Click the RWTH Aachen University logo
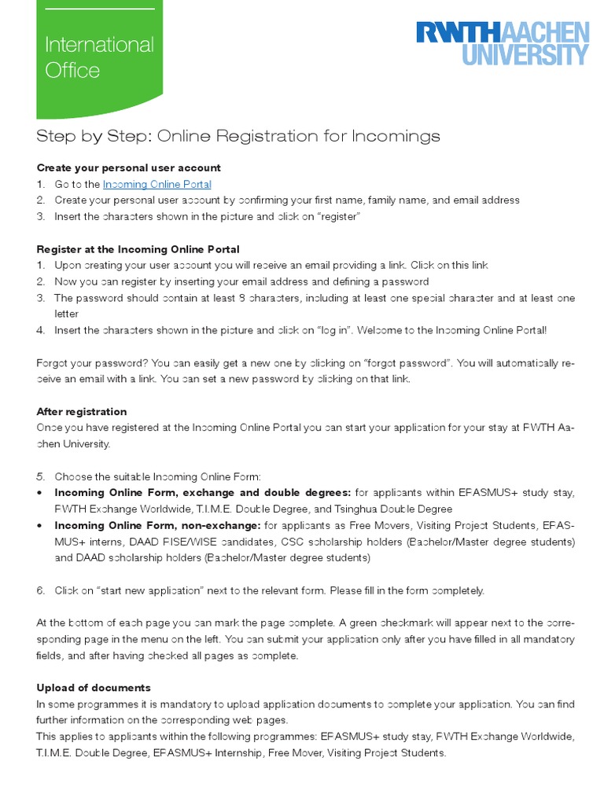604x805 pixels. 502,43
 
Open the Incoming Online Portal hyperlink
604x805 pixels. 157,185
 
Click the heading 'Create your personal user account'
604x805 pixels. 129,168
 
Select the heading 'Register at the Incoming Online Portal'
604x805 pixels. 138,249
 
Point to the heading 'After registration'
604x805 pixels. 82,412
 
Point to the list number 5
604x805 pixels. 40,476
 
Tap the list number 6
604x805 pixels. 40,590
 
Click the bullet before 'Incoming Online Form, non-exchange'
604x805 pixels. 40,525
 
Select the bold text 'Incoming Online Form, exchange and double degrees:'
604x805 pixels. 203,493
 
